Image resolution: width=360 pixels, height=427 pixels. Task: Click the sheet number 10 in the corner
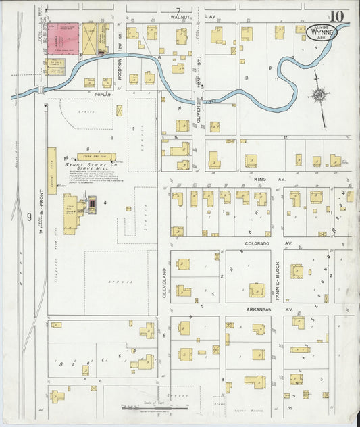tap(337, 15)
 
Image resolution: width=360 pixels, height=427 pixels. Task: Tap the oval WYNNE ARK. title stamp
tap(322, 32)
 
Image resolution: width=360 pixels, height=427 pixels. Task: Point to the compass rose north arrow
tap(318, 95)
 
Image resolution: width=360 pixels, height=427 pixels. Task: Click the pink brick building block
tap(63, 37)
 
